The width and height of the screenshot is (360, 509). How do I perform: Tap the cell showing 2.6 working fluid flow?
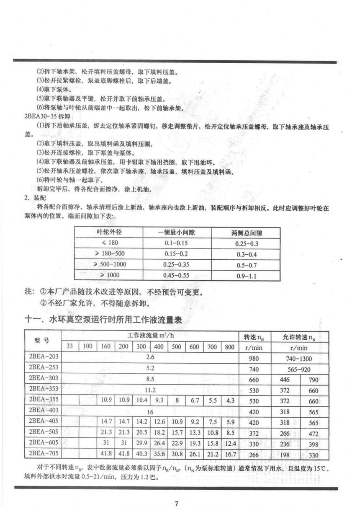pyautogui.click(x=150, y=357)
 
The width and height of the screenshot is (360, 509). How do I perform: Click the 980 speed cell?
pyautogui.click(x=254, y=358)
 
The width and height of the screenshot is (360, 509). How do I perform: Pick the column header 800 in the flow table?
pyautogui.click(x=229, y=346)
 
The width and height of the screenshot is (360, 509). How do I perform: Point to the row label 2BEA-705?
pyautogui.click(x=44, y=453)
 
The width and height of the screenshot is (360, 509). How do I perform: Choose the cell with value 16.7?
pyautogui.click(x=230, y=454)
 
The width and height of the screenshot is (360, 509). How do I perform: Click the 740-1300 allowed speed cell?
pyautogui.click(x=298, y=358)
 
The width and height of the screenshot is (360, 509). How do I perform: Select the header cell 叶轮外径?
pyautogui.click(x=109, y=232)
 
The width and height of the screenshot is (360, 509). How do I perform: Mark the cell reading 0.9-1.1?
pyautogui.click(x=247, y=276)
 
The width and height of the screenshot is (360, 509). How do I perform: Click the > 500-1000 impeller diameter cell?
pyautogui.click(x=110, y=264)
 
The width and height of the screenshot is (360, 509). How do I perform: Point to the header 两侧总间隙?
pyautogui.click(x=247, y=233)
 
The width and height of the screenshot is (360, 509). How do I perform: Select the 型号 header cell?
pyautogui.click(x=44, y=341)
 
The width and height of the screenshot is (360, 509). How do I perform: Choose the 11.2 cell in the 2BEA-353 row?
pyautogui.click(x=150, y=390)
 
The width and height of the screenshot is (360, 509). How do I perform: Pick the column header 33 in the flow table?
pyautogui.click(x=69, y=346)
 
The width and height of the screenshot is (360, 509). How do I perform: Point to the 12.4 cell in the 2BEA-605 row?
pyautogui.click(x=230, y=443)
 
